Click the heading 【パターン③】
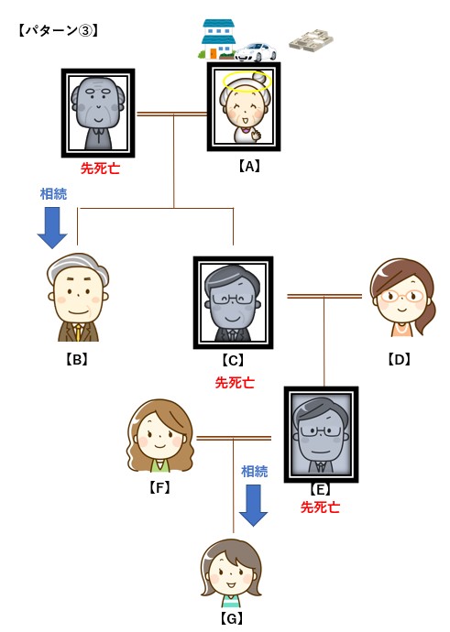(58, 30)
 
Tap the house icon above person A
(217, 39)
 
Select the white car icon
(255, 52)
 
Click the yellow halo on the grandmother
(247, 81)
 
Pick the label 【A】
(248, 166)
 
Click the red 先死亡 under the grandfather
(101, 168)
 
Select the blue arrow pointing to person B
(52, 228)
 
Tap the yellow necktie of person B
(78, 332)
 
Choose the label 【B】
(77, 359)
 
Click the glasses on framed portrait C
(232, 300)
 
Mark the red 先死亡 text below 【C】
(235, 382)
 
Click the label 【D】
(399, 359)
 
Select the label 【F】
(159, 487)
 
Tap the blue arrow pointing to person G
(253, 506)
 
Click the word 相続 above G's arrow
(255, 471)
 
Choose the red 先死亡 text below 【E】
(320, 507)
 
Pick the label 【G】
(232, 618)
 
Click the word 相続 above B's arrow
(54, 194)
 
